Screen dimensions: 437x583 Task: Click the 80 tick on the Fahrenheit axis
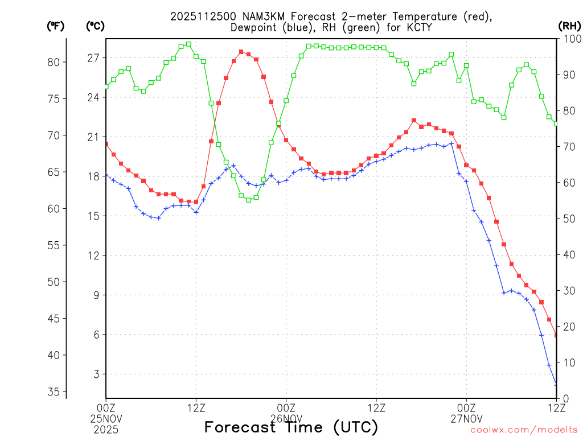click(x=56, y=62)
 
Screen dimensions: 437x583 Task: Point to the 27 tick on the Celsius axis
click(x=93, y=58)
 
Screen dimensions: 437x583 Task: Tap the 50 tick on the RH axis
click(x=568, y=218)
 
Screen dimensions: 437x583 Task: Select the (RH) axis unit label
click(x=569, y=26)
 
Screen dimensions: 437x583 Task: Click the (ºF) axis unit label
click(x=56, y=26)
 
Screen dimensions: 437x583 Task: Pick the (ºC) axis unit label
click(x=96, y=26)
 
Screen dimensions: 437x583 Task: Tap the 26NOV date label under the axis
click(x=286, y=418)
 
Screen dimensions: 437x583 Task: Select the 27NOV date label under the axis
click(x=466, y=418)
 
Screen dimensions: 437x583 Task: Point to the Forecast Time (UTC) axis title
click(x=291, y=427)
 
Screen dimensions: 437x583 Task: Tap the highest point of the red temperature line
click(x=241, y=52)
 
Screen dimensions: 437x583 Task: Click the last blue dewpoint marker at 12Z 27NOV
click(x=556, y=385)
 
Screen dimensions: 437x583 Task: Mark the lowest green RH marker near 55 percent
click(x=249, y=200)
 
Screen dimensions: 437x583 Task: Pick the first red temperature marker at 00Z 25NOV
click(x=106, y=145)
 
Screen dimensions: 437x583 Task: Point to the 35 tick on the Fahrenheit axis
click(x=56, y=391)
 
